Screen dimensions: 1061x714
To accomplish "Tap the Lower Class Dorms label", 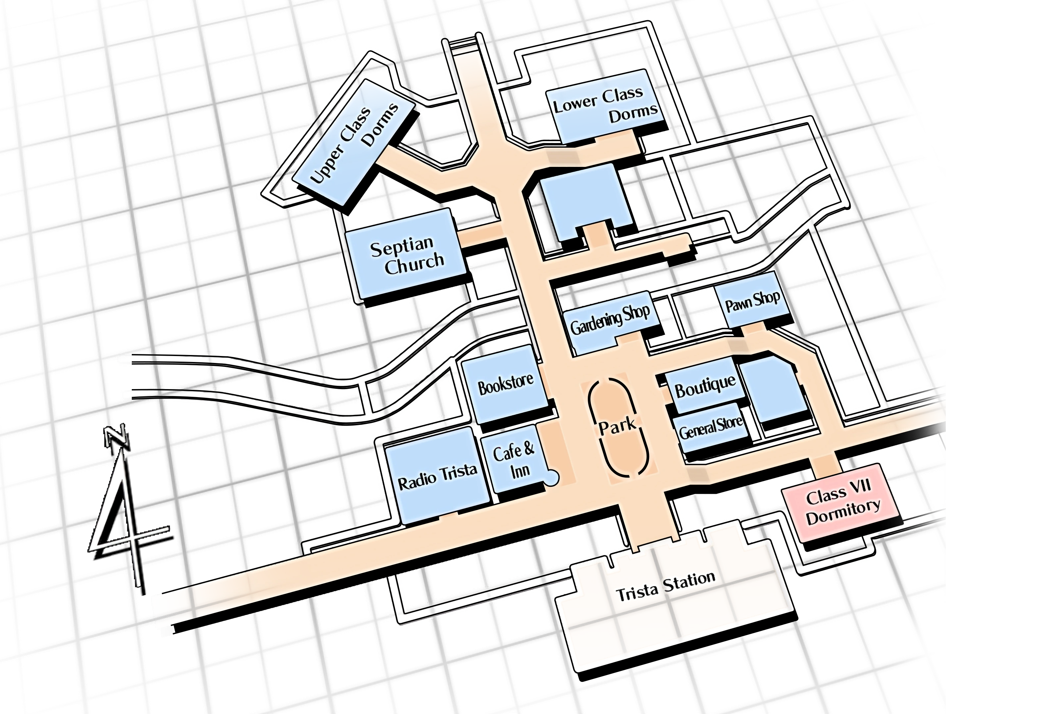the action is pyautogui.click(x=606, y=106).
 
